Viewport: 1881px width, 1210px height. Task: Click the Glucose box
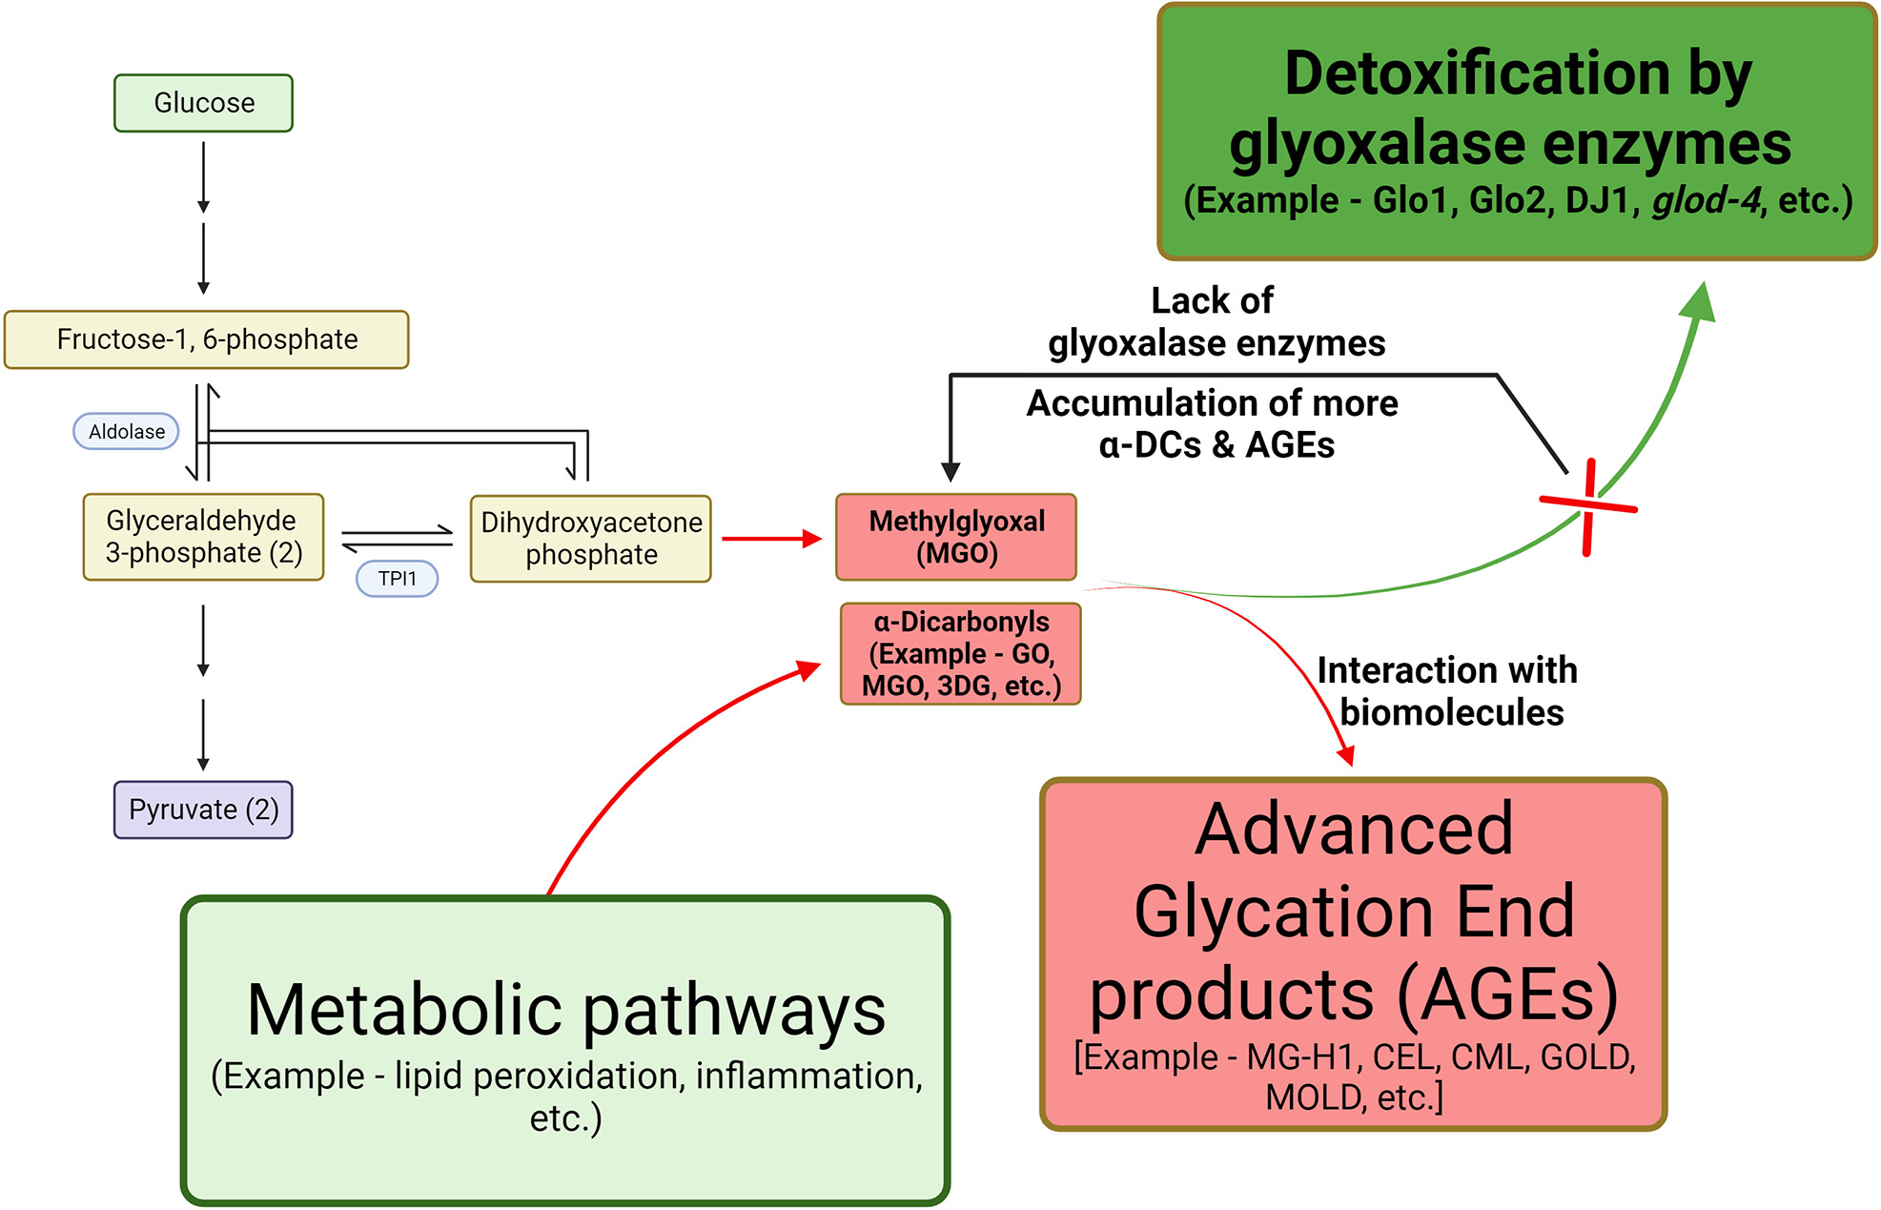tap(203, 103)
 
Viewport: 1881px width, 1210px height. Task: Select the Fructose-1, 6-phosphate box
tap(206, 339)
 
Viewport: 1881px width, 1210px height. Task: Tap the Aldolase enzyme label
tap(126, 432)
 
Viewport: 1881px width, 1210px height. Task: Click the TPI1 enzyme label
tap(397, 579)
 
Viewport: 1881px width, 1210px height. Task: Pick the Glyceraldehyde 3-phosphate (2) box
tap(203, 537)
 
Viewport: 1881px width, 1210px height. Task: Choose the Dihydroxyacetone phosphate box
tap(590, 539)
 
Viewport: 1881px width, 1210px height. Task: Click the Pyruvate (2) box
tap(203, 810)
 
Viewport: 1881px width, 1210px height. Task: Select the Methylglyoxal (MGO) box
tap(956, 537)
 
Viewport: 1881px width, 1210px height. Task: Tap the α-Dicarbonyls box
tap(960, 654)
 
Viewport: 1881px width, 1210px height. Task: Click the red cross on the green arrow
tap(1588, 506)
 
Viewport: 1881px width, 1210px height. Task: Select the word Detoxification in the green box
tap(1477, 73)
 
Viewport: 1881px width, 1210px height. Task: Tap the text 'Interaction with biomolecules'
tap(1447, 691)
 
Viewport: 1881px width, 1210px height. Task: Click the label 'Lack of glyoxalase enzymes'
tap(1216, 322)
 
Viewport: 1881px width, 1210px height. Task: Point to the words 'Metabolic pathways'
tap(565, 1010)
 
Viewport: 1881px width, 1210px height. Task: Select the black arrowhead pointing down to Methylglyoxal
tap(951, 471)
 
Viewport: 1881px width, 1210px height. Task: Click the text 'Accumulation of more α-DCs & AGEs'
tap(1213, 424)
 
